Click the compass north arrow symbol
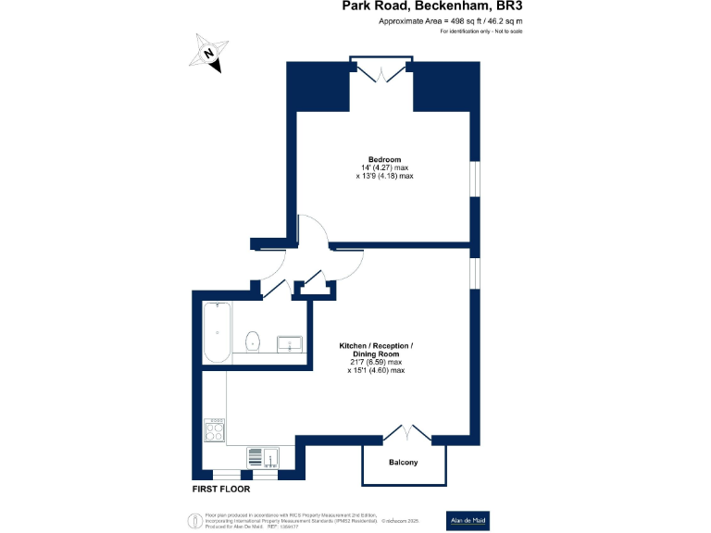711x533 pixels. click(x=209, y=54)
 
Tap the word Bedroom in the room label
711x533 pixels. click(x=384, y=158)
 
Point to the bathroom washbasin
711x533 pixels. click(x=291, y=344)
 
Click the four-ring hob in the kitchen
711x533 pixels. click(x=215, y=429)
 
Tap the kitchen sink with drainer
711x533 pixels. click(x=263, y=456)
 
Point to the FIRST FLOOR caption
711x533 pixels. click(x=223, y=488)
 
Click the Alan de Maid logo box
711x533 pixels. click(x=471, y=519)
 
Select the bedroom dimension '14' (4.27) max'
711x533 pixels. click(x=384, y=167)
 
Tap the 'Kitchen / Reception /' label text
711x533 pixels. click(x=375, y=346)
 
